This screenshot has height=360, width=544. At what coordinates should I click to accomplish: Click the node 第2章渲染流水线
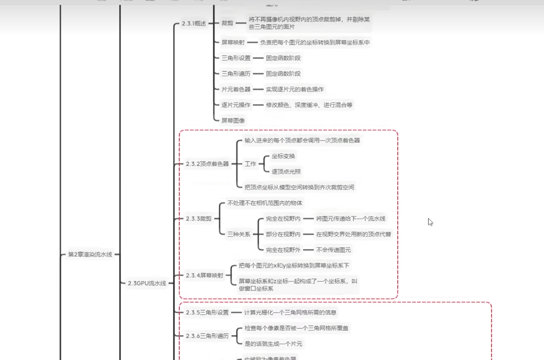[90, 254]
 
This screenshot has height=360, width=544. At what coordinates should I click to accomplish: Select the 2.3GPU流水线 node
[147, 283]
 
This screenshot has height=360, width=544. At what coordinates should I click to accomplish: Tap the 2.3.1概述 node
[193, 23]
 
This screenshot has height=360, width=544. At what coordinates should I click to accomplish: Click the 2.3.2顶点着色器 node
[207, 164]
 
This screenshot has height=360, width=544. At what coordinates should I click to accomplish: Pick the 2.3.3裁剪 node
[198, 219]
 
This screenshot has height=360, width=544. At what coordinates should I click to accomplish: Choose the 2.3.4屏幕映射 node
[204, 275]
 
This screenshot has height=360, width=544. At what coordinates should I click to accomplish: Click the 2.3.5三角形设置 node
[207, 312]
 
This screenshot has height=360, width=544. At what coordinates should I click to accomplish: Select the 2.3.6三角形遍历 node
[207, 336]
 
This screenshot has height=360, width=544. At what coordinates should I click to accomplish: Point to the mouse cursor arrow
[430, 222]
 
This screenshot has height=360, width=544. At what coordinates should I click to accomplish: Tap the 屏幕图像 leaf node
[233, 121]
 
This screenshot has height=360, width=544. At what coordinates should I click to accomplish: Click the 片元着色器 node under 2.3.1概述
[236, 90]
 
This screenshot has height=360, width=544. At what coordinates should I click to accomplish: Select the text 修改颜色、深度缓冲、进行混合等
[309, 105]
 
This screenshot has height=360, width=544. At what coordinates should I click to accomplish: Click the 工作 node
[250, 164]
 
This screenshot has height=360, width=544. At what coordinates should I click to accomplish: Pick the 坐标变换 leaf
[283, 156]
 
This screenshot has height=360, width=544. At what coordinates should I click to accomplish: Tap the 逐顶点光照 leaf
[286, 172]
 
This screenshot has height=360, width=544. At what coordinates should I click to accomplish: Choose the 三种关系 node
[239, 234]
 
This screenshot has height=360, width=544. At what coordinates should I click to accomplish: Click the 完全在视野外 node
[283, 250]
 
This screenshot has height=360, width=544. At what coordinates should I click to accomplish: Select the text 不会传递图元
[333, 250]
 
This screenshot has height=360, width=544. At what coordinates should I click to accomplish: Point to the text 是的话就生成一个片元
[273, 344]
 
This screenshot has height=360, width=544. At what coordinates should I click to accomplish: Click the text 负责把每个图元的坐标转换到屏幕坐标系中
[314, 43]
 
